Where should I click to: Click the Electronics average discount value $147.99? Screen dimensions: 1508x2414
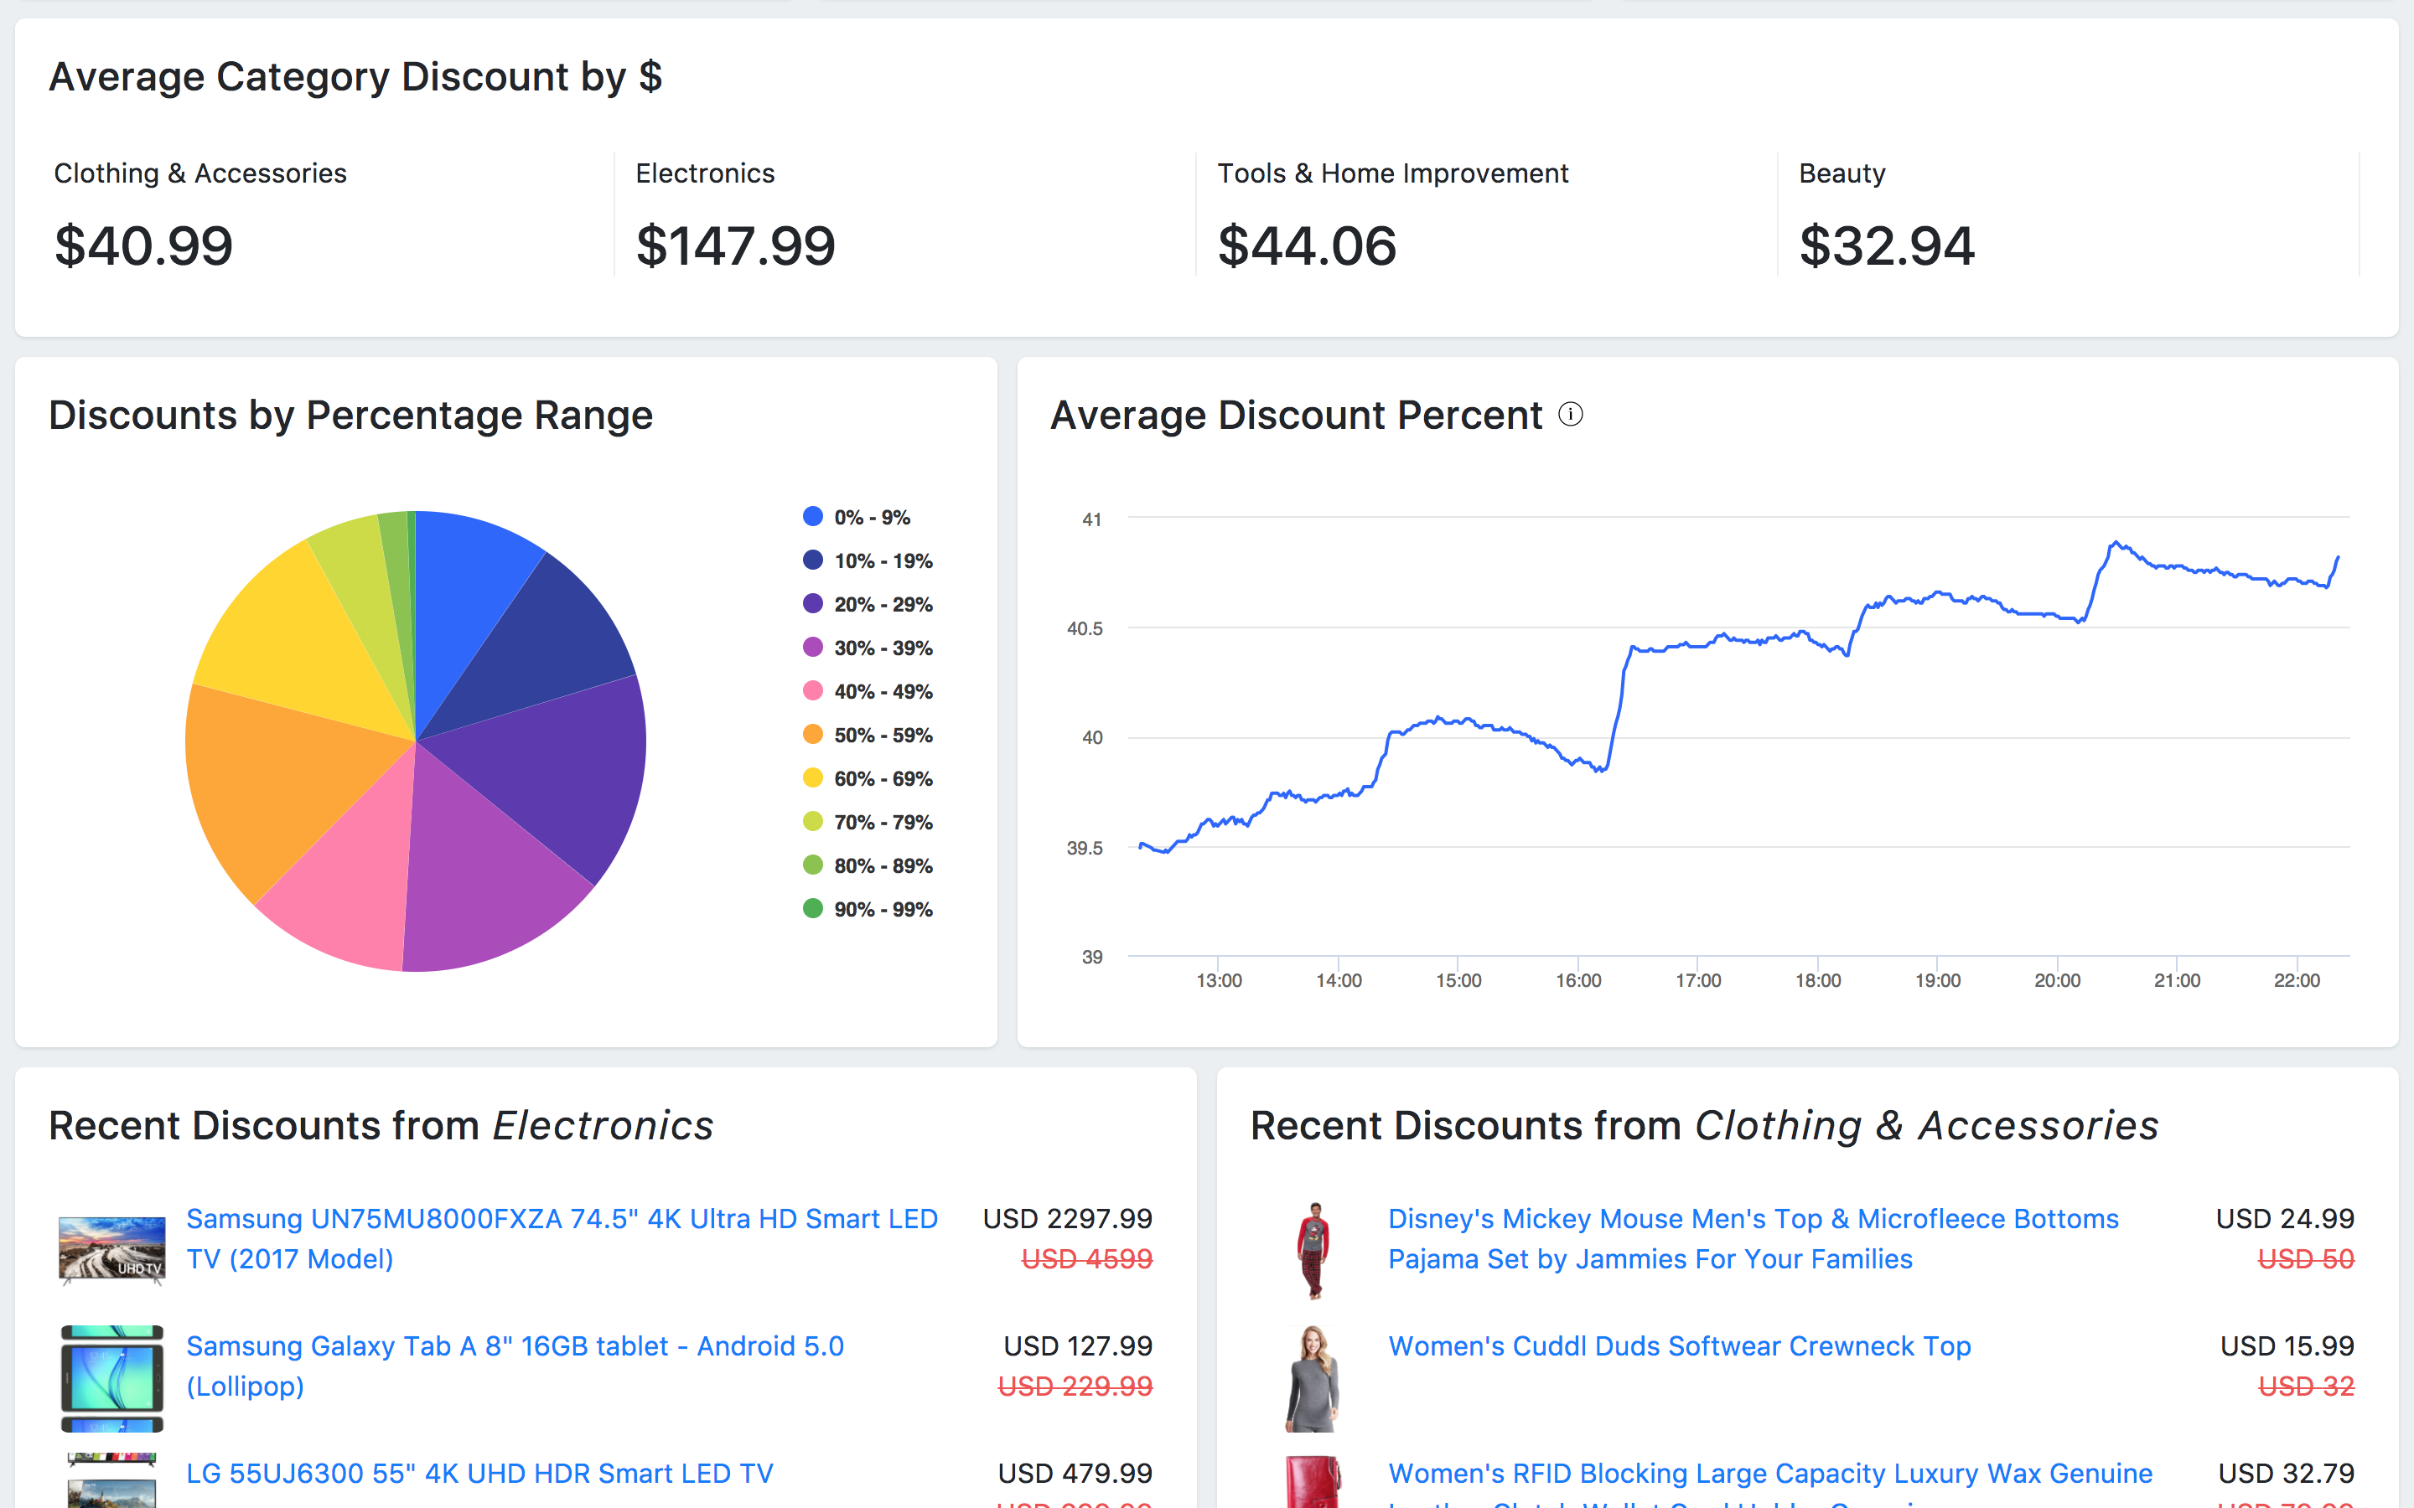[x=735, y=246]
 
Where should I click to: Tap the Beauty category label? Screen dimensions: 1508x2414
[x=1842, y=173]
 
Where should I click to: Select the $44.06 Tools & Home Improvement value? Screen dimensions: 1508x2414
[x=1306, y=246]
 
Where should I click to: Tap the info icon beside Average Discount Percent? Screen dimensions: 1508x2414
[x=1570, y=414]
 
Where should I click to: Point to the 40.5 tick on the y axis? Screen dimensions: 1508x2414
[x=1085, y=628]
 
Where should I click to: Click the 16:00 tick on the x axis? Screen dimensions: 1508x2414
[x=1578, y=980]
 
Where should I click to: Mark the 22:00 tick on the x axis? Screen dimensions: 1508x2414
[x=2297, y=980]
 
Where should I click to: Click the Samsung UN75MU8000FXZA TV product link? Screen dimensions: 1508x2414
[x=562, y=1239]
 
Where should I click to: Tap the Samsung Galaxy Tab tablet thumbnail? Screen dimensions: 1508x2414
[x=111, y=1378]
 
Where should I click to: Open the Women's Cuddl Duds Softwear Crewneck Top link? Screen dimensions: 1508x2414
[x=1679, y=1346]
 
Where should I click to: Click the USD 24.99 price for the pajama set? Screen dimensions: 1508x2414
[x=2284, y=1219]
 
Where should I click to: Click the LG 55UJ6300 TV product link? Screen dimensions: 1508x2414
[x=479, y=1473]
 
